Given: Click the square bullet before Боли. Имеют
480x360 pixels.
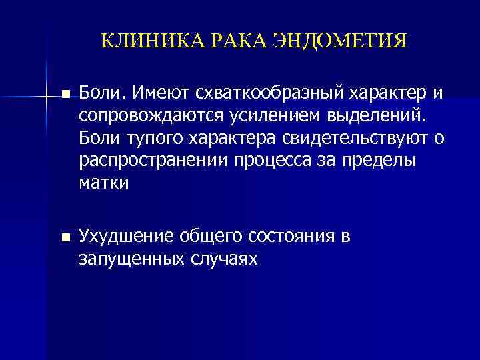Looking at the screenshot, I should coord(65,93).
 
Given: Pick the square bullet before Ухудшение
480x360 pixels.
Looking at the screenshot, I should coord(65,237).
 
